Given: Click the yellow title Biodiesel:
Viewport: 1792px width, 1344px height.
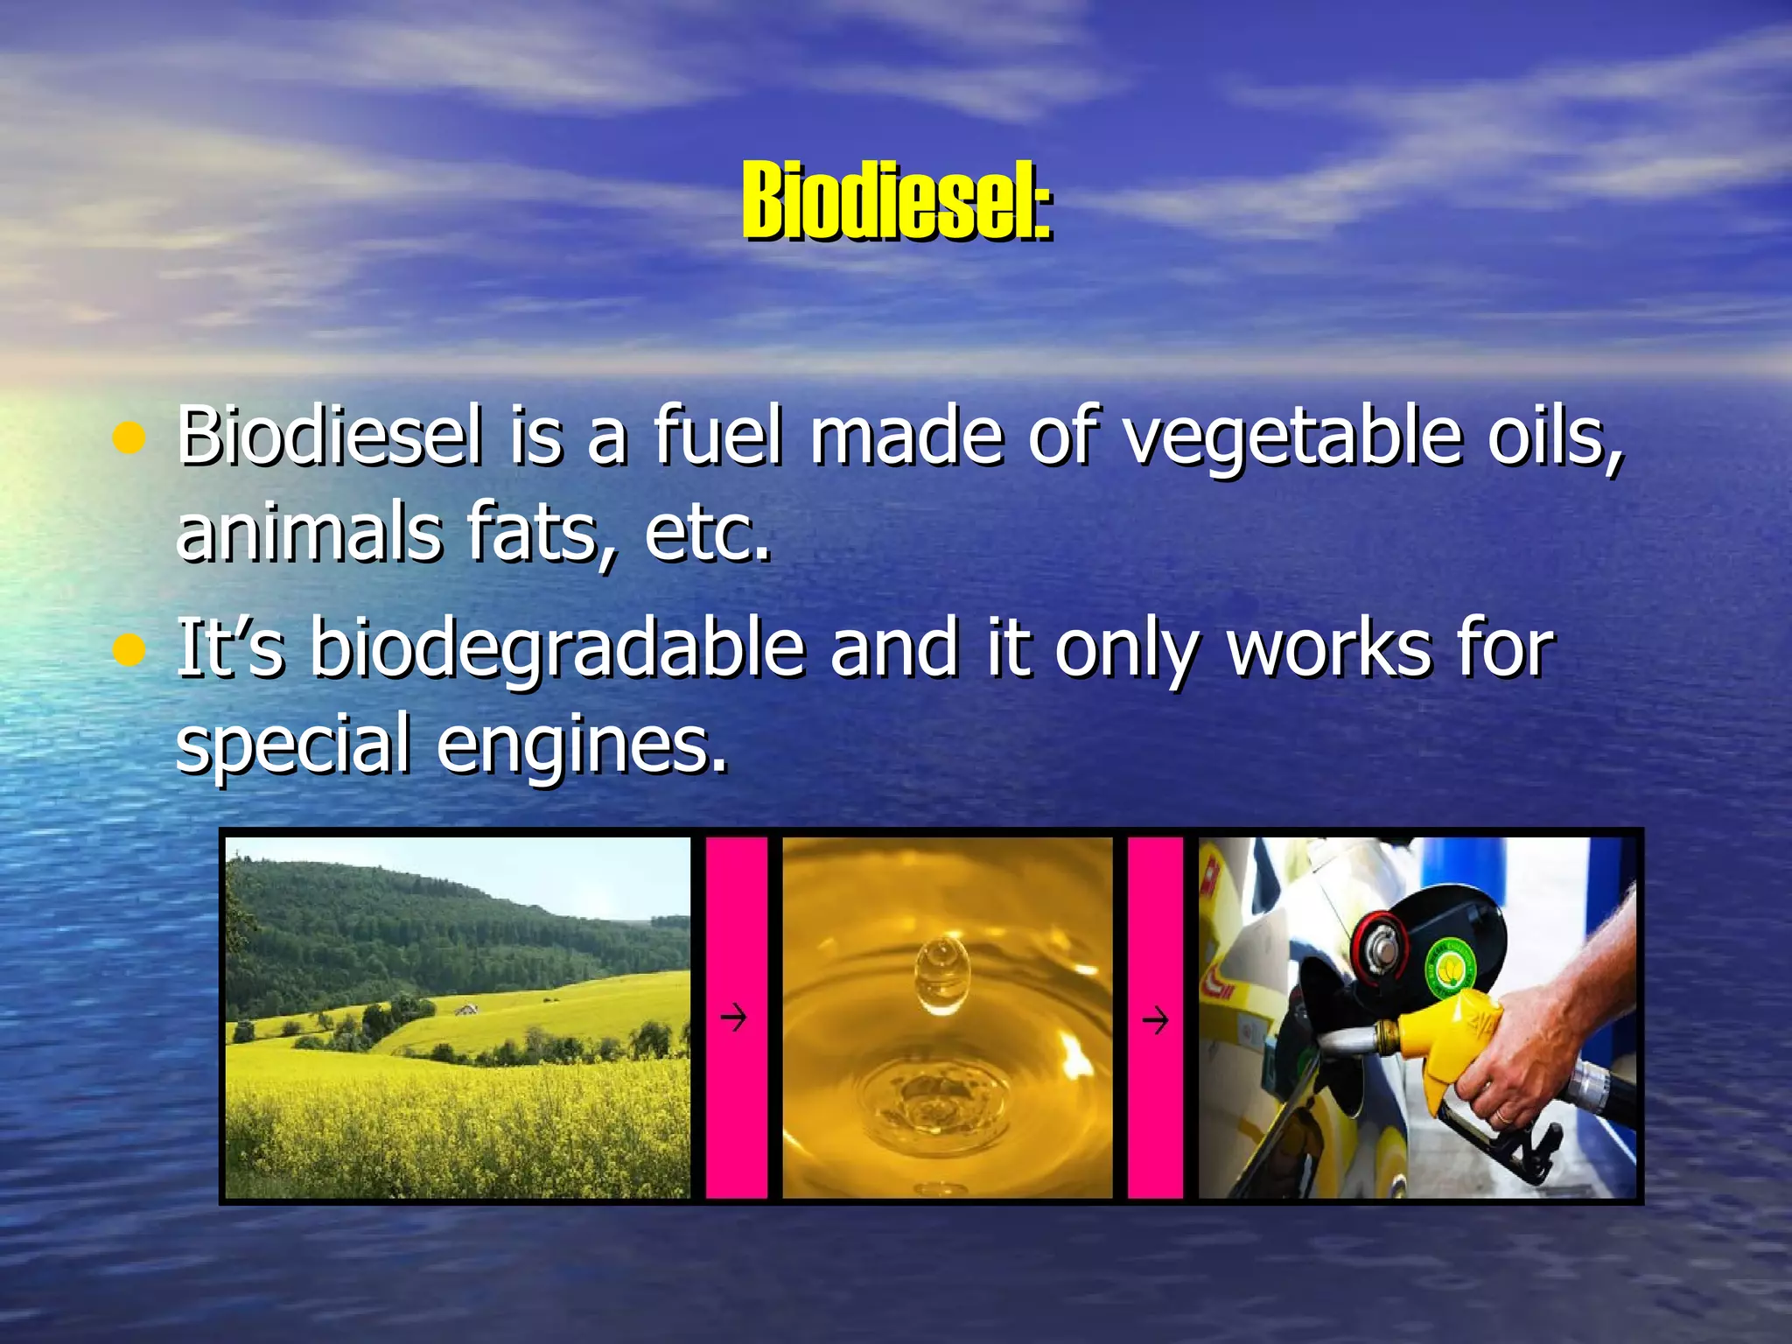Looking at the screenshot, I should point(896,201).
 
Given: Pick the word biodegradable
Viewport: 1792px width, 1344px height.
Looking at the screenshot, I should point(557,649).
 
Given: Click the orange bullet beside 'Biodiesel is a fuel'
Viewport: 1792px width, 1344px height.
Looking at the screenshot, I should point(129,437).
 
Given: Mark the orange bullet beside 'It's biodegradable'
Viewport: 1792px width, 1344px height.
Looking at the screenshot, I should point(129,651).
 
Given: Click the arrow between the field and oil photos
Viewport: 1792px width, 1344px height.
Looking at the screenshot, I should point(733,1018).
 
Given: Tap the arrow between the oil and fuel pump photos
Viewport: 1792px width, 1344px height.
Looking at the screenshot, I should point(1155,1020).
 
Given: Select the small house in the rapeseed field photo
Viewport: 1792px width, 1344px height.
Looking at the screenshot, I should point(466,1009).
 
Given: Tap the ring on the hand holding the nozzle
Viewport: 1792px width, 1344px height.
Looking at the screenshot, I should point(1501,1116).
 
